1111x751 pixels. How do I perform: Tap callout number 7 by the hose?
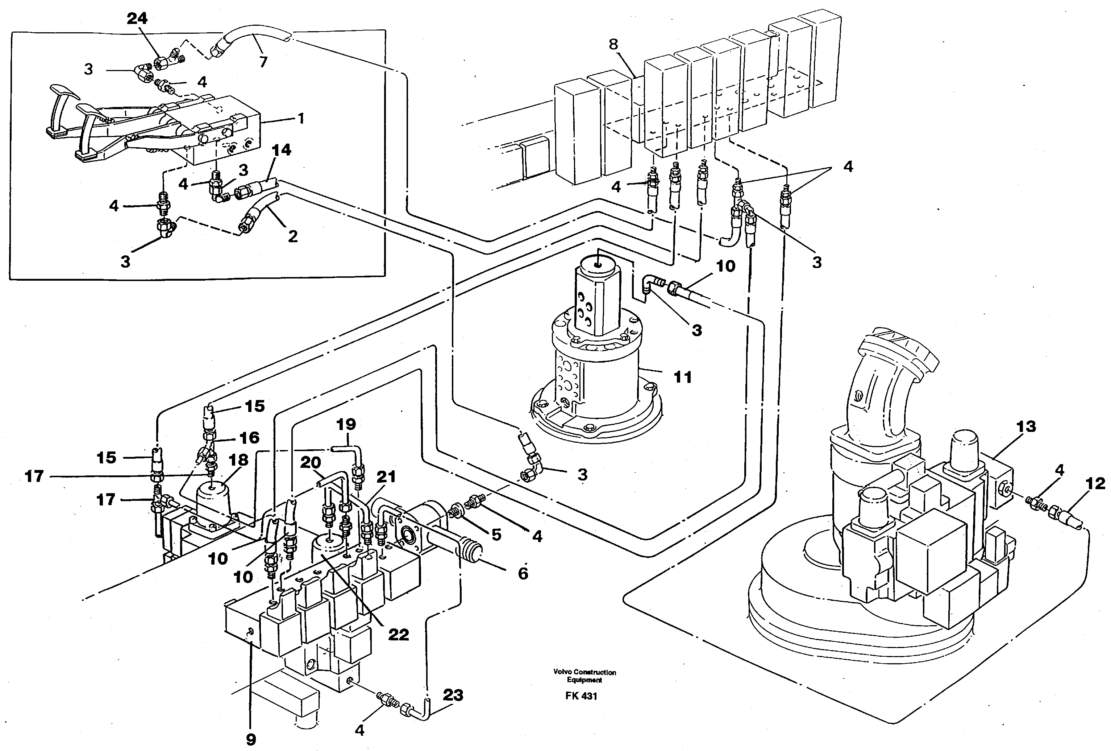tap(263, 62)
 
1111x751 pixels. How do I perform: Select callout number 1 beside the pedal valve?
tap(301, 118)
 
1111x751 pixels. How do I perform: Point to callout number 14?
tap(281, 150)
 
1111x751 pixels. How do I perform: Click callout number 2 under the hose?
tap(292, 236)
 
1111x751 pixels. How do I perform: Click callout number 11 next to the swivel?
tap(682, 377)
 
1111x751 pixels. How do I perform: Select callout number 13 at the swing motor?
tap(1026, 426)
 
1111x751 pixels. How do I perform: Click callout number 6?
tap(523, 573)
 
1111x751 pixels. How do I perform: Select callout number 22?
tap(398, 635)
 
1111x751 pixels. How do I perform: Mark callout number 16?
tap(249, 438)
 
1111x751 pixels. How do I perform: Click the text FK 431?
tap(581, 696)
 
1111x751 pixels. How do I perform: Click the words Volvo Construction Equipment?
tap(584, 676)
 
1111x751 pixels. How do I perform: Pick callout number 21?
tap(386, 476)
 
